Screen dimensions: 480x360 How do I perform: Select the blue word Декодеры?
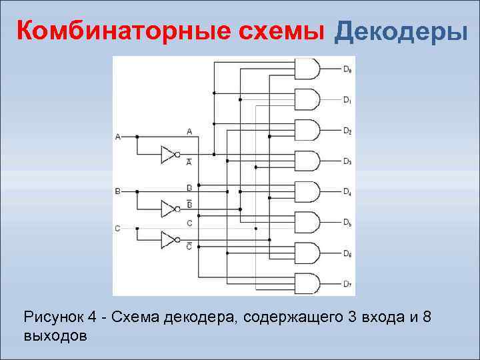(x=401, y=31)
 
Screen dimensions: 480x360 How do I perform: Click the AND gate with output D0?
(x=307, y=69)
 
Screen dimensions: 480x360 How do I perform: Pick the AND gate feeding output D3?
(x=307, y=161)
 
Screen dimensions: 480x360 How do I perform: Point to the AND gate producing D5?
(x=307, y=222)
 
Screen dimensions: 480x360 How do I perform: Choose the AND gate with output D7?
(x=307, y=283)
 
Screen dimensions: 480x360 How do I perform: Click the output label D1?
(x=348, y=100)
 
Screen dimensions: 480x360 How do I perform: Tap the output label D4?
(x=348, y=192)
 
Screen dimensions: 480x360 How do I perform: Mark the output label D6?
(x=348, y=253)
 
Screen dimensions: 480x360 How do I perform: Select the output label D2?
(x=348, y=131)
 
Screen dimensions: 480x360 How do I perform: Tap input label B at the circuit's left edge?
(x=118, y=191)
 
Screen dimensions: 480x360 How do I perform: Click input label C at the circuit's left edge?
(x=118, y=229)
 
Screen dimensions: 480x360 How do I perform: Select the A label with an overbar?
(x=189, y=162)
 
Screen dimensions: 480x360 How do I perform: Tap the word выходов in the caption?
(x=55, y=335)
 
